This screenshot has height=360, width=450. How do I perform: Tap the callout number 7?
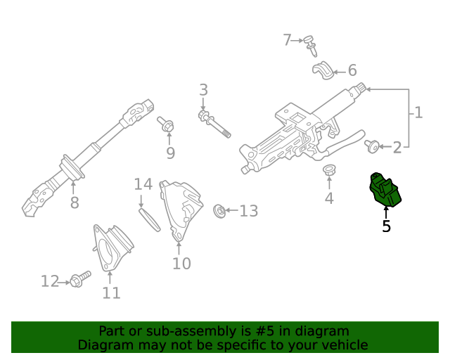tap(287, 40)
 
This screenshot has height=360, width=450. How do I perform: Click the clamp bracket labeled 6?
tap(323, 70)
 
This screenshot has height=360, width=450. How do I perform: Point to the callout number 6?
tap(352, 70)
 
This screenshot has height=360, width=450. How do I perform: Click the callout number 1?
tap(418, 112)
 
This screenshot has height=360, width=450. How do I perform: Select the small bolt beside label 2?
tap(372, 146)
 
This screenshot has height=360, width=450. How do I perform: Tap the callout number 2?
tap(397, 148)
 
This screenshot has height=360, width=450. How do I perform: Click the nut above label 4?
tap(328, 170)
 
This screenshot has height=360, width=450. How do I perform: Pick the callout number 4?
tap(329, 199)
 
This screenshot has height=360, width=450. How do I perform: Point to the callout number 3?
tap(203, 90)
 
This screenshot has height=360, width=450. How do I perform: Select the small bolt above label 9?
tap(167, 127)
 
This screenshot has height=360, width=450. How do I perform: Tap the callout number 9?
tap(170, 153)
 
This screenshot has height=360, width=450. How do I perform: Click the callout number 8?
tap(75, 204)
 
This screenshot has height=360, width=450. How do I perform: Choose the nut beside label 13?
tap(219, 210)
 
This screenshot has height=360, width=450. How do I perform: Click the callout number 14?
tap(143, 184)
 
